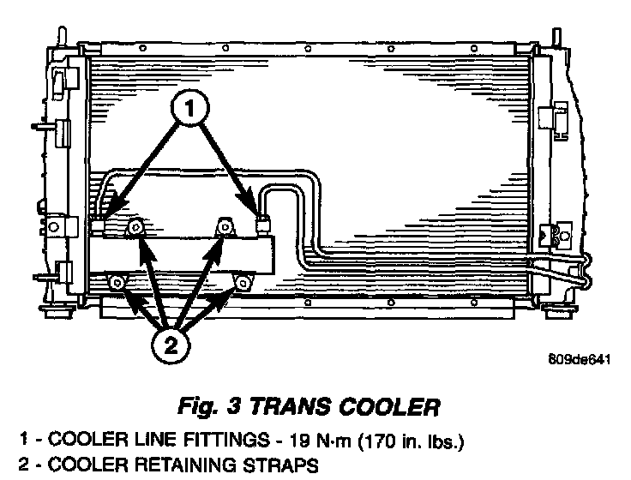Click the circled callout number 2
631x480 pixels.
point(171,346)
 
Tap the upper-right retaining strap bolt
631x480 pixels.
point(225,226)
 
